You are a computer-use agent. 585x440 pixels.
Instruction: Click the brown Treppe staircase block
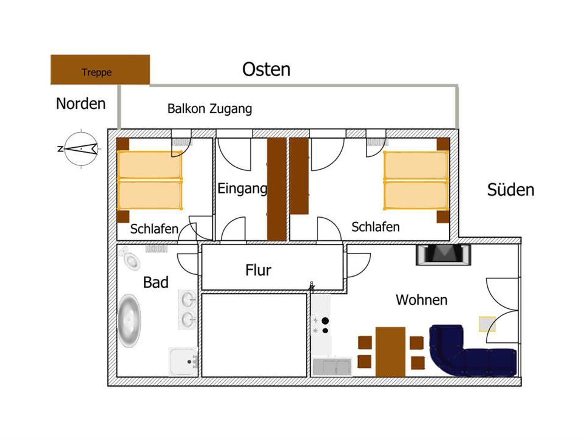point(100,70)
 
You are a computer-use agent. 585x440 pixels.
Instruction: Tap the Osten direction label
point(266,69)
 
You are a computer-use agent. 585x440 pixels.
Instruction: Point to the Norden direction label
point(81,103)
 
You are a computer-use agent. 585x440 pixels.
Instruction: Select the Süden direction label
point(511,190)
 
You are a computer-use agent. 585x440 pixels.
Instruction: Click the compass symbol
point(81,149)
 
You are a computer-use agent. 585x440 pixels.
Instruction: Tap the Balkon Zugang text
point(210,109)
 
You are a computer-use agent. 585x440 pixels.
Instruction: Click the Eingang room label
point(242,189)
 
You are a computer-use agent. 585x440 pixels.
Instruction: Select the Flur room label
point(258,270)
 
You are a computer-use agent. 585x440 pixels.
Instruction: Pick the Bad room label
point(156,282)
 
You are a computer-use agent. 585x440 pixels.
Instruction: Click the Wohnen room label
point(422,300)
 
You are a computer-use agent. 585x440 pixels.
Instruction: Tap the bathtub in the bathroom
point(129,321)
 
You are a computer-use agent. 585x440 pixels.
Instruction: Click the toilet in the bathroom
point(130,258)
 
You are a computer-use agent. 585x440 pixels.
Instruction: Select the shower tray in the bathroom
point(183,361)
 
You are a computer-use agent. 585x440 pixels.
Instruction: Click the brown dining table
point(390,352)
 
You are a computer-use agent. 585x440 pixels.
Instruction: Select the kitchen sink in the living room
point(332,366)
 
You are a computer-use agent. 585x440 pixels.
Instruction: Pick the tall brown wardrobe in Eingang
point(277,189)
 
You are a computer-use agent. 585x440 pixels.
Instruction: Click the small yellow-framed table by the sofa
point(487,324)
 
